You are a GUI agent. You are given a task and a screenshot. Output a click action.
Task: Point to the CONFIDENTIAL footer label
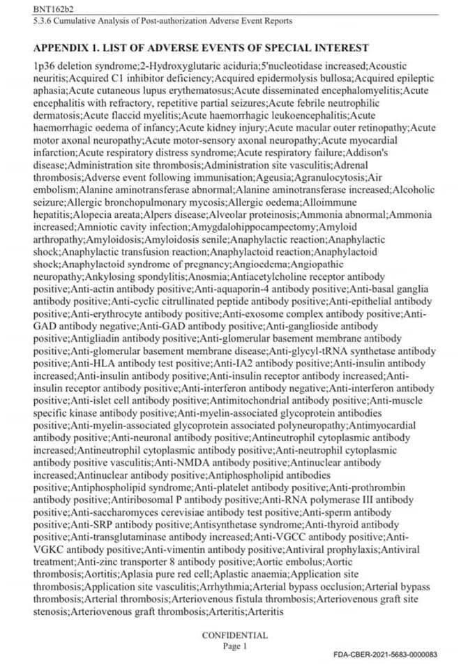click(234, 635)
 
